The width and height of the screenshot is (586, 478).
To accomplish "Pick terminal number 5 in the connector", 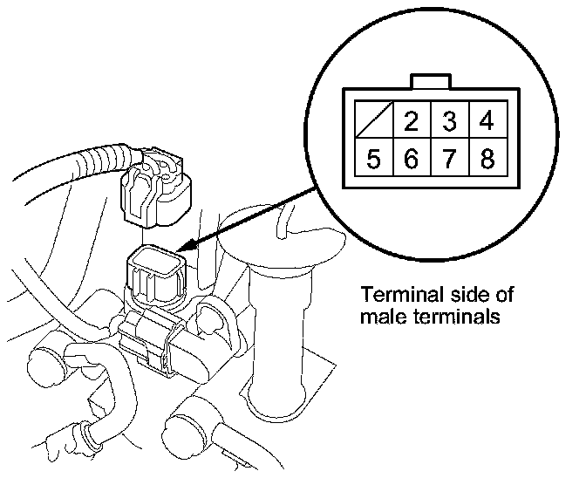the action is click(x=373, y=160).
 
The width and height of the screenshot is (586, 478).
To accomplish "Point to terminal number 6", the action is click(x=412, y=160).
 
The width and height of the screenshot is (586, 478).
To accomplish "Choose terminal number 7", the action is click(x=450, y=160).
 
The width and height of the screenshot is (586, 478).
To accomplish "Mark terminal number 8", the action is click(x=487, y=160).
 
